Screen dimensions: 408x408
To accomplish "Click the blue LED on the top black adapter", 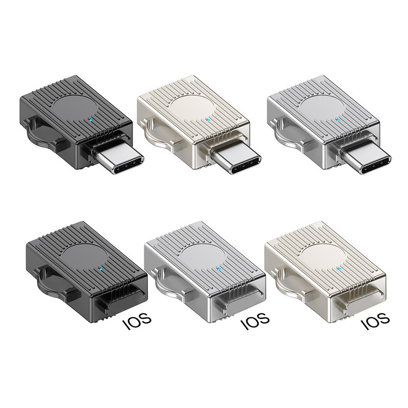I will [90, 120].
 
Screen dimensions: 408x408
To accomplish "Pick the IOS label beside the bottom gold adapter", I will [376, 322].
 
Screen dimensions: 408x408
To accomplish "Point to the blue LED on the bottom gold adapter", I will [341, 269].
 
